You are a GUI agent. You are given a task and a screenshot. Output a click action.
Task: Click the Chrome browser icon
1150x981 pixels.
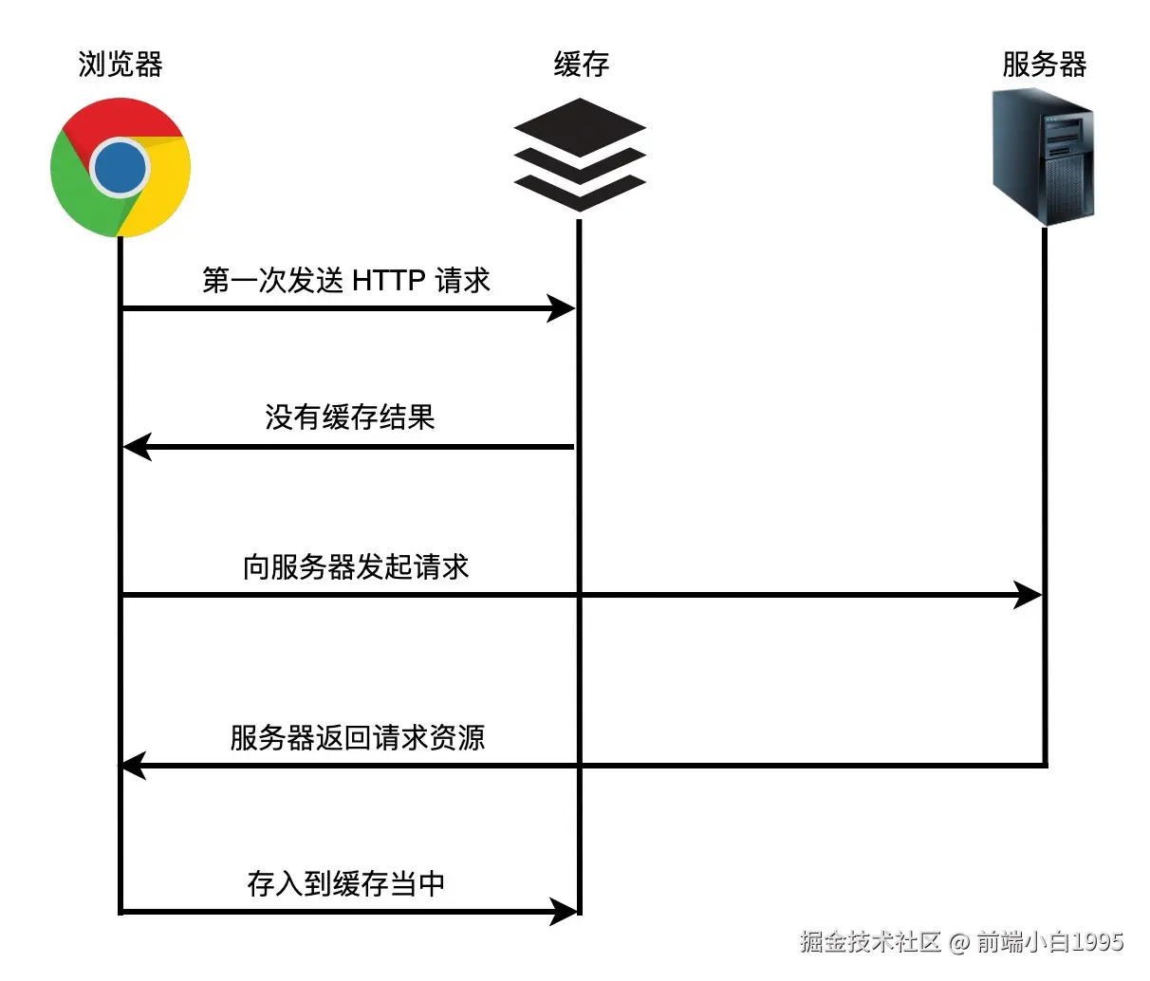[121, 168]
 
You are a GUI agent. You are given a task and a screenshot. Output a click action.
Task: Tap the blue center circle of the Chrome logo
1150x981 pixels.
[121, 168]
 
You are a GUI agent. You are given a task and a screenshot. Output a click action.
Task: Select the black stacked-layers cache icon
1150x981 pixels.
[579, 155]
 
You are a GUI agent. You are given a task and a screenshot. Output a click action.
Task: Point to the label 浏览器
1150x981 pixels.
[121, 65]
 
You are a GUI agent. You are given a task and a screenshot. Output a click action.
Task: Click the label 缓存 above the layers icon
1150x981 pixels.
[581, 65]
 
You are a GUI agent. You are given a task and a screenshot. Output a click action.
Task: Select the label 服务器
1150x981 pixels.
[1044, 65]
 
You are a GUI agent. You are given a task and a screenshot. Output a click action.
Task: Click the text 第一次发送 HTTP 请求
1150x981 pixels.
[346, 280]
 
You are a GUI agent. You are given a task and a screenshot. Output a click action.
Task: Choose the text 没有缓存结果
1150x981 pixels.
[349, 417]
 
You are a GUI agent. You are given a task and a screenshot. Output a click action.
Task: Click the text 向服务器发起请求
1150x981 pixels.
[356, 566]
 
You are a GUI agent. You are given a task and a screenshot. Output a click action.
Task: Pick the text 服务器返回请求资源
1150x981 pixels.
[357, 737]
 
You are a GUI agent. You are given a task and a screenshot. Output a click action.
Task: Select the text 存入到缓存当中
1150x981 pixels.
[346, 883]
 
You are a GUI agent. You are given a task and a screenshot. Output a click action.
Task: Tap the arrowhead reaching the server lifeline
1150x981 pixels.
[1028, 595]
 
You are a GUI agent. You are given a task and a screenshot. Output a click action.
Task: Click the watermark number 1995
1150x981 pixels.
[1098, 941]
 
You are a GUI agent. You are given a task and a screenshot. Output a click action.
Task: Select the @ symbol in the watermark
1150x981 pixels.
[959, 941]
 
